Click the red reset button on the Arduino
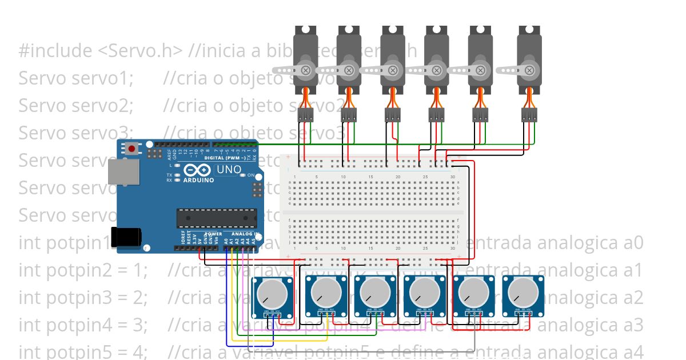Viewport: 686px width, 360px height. pyautogui.click(x=132, y=149)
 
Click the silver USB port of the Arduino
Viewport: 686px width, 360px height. pyautogui.click(x=123, y=171)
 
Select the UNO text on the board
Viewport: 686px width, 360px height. pyautogui.click(x=229, y=170)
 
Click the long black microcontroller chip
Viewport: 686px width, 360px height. pyautogui.click(x=216, y=218)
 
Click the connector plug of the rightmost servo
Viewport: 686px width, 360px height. pyautogui.click(x=529, y=115)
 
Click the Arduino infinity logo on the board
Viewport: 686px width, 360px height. pyautogui.click(x=198, y=170)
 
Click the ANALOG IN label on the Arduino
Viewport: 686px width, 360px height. pyautogui.click(x=244, y=234)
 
